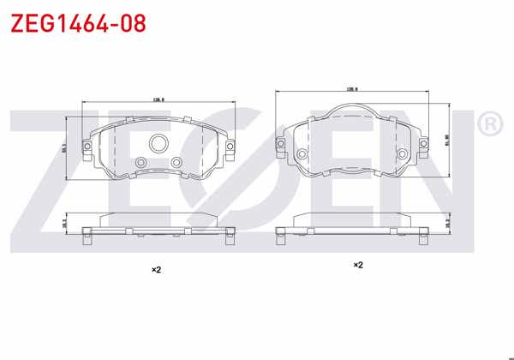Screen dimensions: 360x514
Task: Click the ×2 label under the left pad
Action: point(156,269)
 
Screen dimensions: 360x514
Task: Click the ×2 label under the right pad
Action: point(358,265)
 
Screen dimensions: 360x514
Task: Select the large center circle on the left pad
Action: point(158,143)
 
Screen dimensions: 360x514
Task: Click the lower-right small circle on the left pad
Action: point(176,161)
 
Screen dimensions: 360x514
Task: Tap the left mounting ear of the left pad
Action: point(87,147)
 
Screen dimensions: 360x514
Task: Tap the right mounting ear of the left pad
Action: point(230,147)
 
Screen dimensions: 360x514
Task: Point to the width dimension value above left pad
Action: point(158,100)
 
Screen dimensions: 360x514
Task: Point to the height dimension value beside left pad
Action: point(65,147)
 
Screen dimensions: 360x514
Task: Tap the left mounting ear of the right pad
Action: point(282,144)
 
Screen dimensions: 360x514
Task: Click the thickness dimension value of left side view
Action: point(65,222)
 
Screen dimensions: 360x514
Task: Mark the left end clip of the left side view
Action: point(87,237)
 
